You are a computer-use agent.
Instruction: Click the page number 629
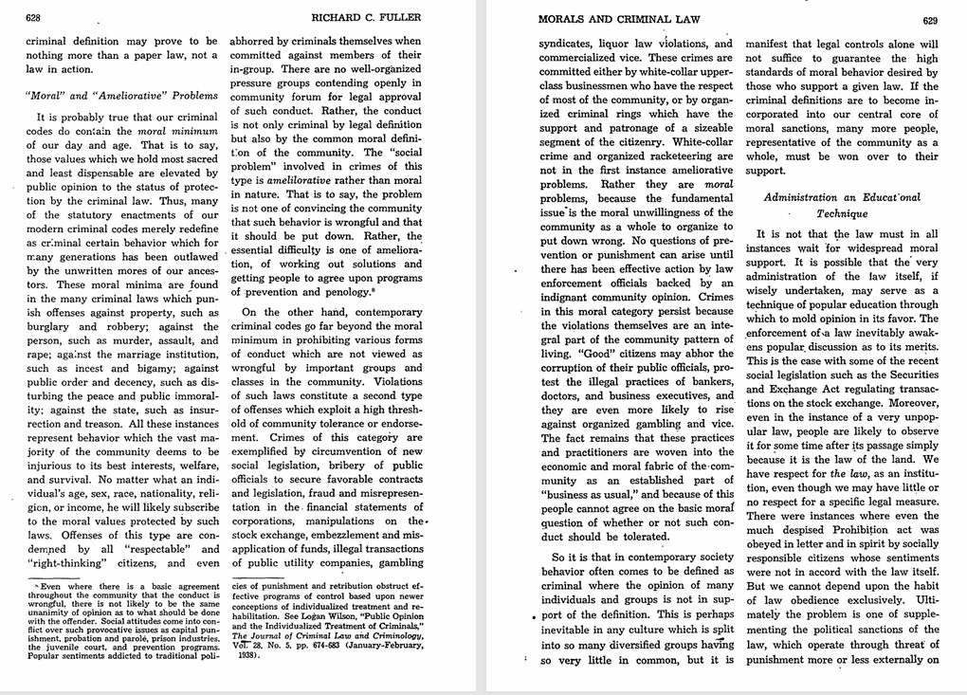[x=931, y=19]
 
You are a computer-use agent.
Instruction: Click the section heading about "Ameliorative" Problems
[x=120, y=95]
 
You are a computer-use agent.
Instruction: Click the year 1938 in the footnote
[x=246, y=654]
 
